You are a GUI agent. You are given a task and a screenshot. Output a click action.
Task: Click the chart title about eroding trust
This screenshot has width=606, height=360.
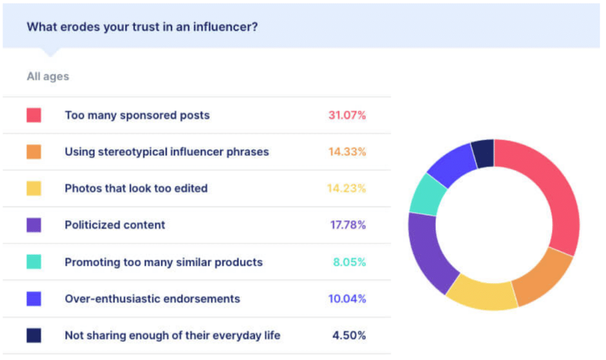pyautogui.click(x=142, y=27)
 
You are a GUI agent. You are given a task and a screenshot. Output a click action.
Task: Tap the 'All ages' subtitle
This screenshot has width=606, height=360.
pyautogui.click(x=48, y=77)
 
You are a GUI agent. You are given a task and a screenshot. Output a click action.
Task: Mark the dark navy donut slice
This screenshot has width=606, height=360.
pyautogui.click(x=483, y=153)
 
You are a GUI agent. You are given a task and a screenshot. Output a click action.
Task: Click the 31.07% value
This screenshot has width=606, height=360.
pyautogui.click(x=347, y=115)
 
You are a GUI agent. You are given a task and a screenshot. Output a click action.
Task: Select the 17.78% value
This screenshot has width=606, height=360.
pyautogui.click(x=348, y=225)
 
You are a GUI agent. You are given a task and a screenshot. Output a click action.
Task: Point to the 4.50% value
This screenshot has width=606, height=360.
pyautogui.click(x=349, y=335)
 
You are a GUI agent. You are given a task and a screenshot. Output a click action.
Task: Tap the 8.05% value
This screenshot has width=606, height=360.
pyautogui.click(x=349, y=262)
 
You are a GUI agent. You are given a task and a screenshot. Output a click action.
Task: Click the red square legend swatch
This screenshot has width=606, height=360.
pyautogui.click(x=34, y=115)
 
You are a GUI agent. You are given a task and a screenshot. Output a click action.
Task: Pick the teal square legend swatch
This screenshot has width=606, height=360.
pyautogui.click(x=34, y=262)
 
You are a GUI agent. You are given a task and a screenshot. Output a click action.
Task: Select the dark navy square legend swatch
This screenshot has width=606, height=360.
pyautogui.click(x=34, y=335)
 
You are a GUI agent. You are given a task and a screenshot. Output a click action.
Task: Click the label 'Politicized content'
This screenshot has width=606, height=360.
pyautogui.click(x=115, y=225)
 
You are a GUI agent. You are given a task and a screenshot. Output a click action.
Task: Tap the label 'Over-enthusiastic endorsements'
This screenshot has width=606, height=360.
pyautogui.click(x=152, y=299)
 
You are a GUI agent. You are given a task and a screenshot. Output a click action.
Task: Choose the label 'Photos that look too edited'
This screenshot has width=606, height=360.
pyautogui.click(x=136, y=189)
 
